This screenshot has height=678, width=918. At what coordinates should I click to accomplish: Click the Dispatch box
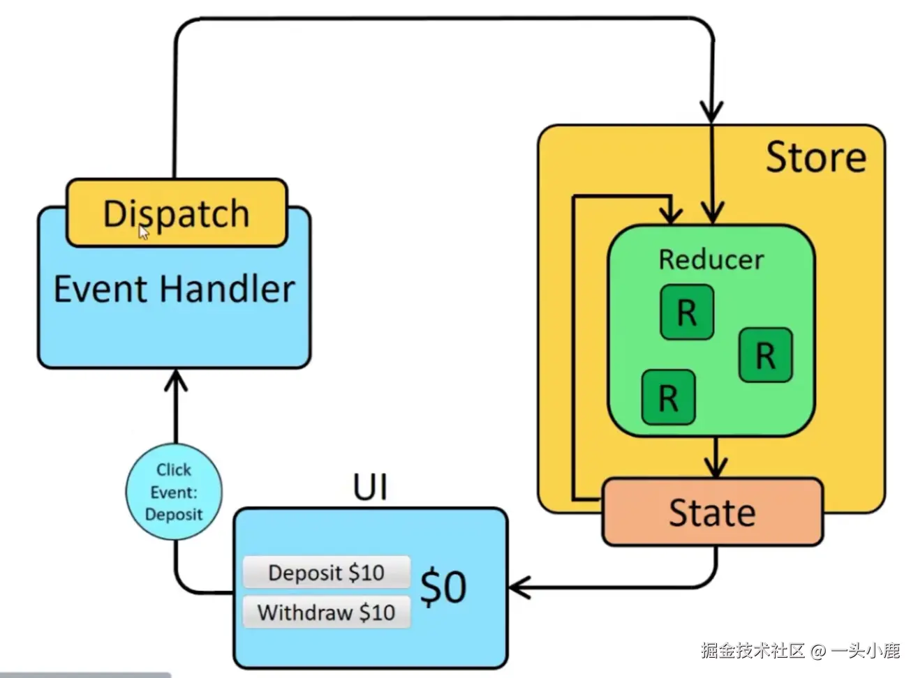tap(177, 213)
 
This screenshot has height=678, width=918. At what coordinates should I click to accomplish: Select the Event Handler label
tap(174, 289)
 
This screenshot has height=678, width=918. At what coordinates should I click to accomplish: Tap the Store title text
tap(815, 157)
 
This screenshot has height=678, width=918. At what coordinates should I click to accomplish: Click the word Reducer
tap(711, 259)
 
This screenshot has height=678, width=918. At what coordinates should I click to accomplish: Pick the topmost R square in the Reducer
tap(687, 312)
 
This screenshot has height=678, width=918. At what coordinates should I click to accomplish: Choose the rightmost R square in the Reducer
tap(765, 355)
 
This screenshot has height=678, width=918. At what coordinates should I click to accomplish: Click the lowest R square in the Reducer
tap(668, 398)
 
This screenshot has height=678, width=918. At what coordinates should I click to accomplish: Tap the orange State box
tap(712, 512)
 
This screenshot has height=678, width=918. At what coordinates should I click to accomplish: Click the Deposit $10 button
tap(326, 573)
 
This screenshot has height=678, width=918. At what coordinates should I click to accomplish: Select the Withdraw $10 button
tap(326, 612)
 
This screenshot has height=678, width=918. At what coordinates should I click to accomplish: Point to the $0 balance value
tap(443, 587)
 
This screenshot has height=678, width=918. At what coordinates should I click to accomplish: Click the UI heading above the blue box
tap(370, 487)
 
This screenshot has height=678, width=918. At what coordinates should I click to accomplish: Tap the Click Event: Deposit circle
tap(174, 492)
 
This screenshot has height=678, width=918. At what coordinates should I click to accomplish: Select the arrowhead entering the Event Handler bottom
tap(175, 380)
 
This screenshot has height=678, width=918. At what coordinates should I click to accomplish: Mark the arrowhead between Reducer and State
tap(716, 467)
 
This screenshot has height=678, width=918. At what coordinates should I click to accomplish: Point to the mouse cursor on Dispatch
tap(143, 232)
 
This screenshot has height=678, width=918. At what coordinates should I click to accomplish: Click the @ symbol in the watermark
tap(817, 651)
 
